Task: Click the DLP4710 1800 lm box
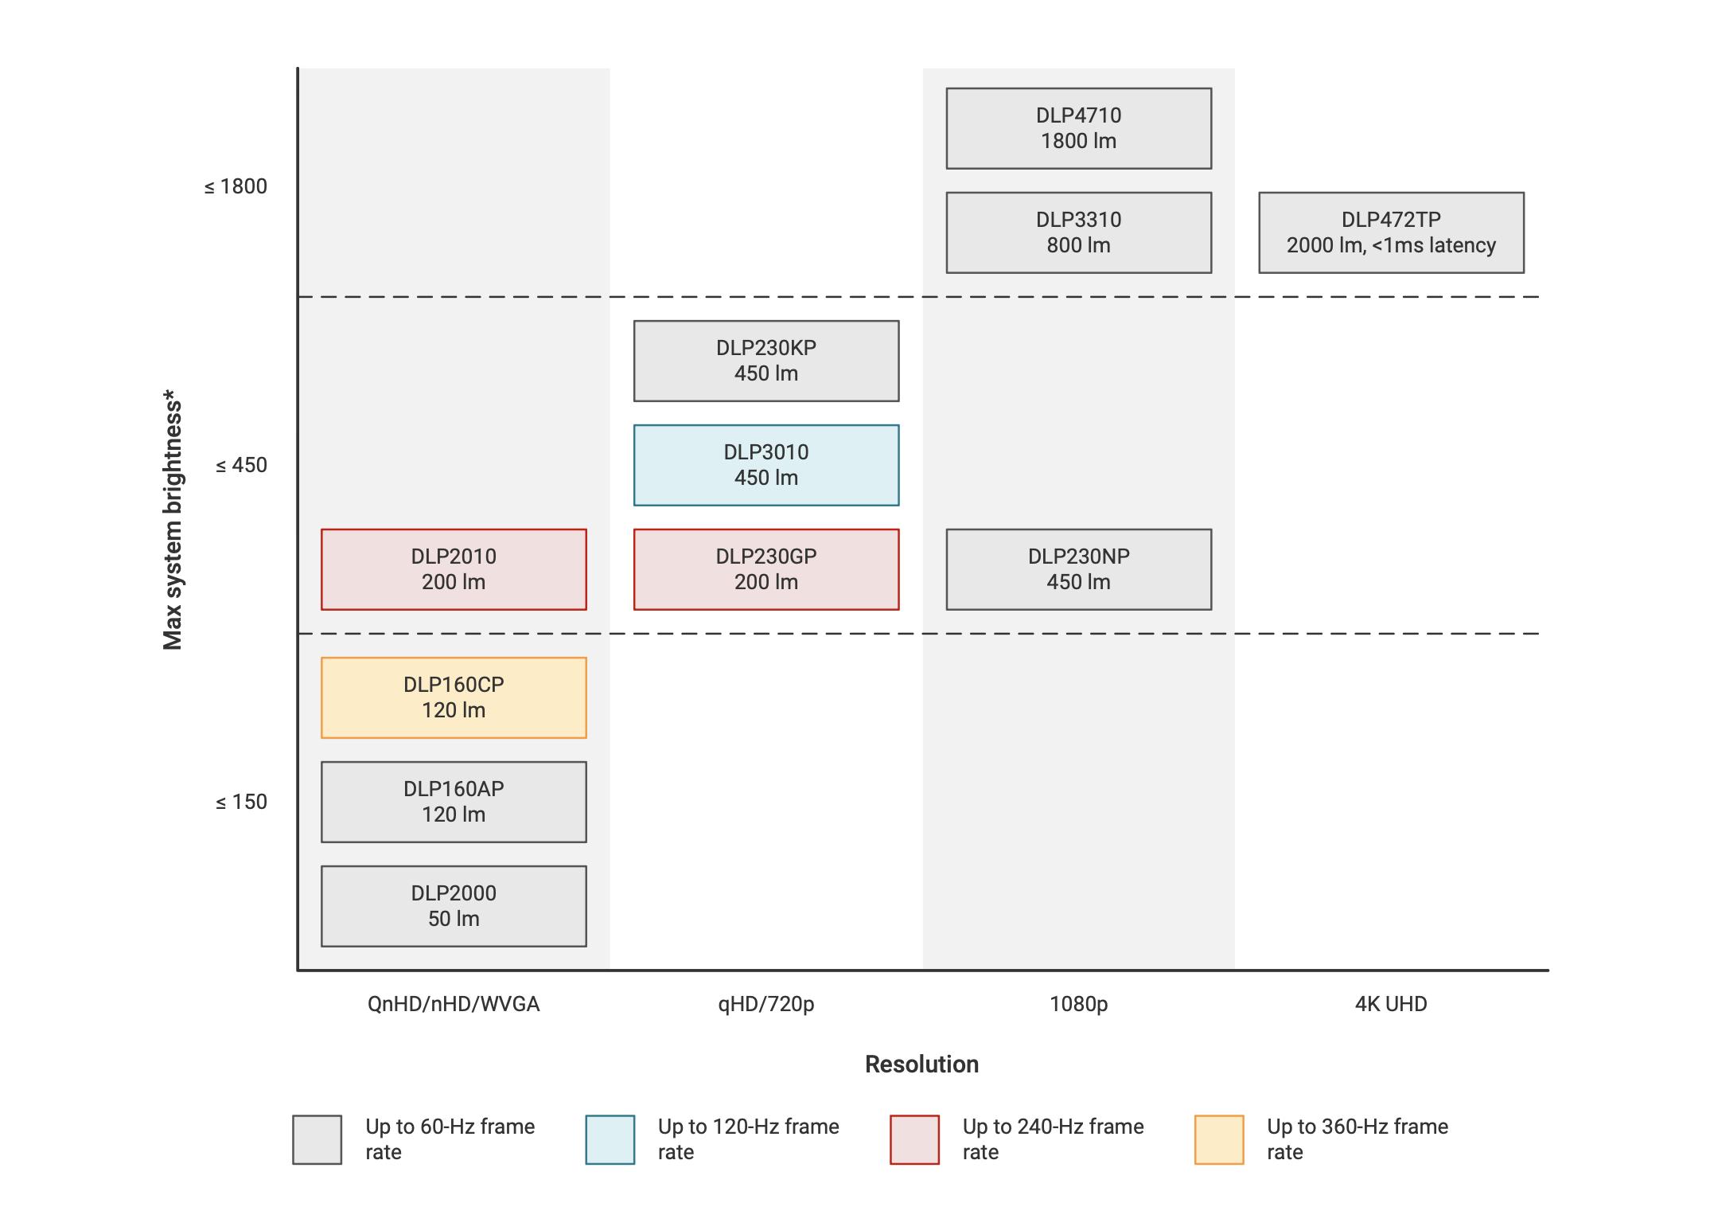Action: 1078,128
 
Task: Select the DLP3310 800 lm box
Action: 1078,232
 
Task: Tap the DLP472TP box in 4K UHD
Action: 1391,232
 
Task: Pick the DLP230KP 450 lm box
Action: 766,361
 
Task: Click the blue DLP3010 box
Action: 766,465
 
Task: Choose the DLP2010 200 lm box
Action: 454,569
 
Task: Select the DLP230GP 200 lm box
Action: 766,569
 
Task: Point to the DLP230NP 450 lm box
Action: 1078,569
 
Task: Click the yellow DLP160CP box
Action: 454,697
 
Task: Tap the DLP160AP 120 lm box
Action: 454,802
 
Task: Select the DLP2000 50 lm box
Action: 454,906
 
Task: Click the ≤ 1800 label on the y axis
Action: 236,186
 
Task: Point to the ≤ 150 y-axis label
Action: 241,802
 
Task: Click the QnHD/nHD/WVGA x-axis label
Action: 454,1004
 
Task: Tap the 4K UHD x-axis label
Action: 1391,1004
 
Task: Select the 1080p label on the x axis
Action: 1078,1004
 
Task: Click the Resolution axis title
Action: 921,1064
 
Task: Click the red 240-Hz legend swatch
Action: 914,1139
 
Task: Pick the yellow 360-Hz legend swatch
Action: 1219,1139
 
